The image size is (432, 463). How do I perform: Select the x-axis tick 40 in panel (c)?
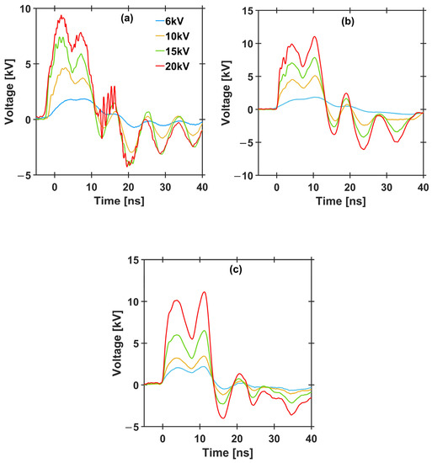(x=311, y=440)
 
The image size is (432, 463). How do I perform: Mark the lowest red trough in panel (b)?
(x=364, y=149)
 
